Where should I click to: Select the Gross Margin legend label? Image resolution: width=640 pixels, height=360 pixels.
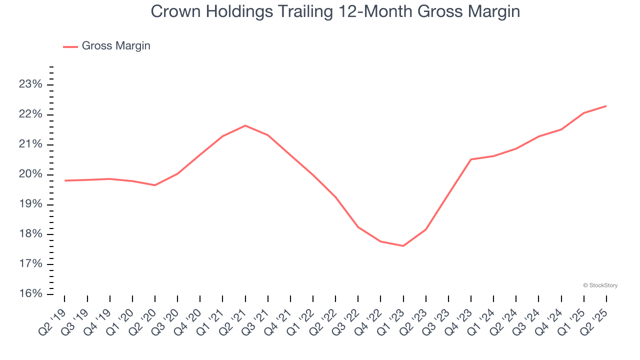tap(116, 46)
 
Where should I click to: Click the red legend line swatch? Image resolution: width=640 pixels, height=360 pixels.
tap(70, 46)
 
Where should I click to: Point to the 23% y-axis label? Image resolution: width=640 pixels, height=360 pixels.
tap(30, 84)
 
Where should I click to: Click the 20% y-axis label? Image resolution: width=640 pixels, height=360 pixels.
tap(30, 174)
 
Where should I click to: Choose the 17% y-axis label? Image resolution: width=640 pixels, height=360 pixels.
tap(30, 264)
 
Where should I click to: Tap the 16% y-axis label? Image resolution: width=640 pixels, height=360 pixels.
tap(30, 294)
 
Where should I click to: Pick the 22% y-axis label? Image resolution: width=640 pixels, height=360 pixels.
tap(30, 114)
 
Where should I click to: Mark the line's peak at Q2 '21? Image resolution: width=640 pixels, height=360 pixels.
tap(245, 125)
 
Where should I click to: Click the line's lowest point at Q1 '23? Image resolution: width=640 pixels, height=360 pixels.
tap(403, 246)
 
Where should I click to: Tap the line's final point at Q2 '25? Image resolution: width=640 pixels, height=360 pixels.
tap(606, 106)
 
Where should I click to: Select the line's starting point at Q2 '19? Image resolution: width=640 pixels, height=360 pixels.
tap(65, 180)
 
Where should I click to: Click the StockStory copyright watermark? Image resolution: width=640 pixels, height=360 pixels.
tap(600, 285)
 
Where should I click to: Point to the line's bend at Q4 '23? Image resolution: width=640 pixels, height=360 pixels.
tap(471, 159)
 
